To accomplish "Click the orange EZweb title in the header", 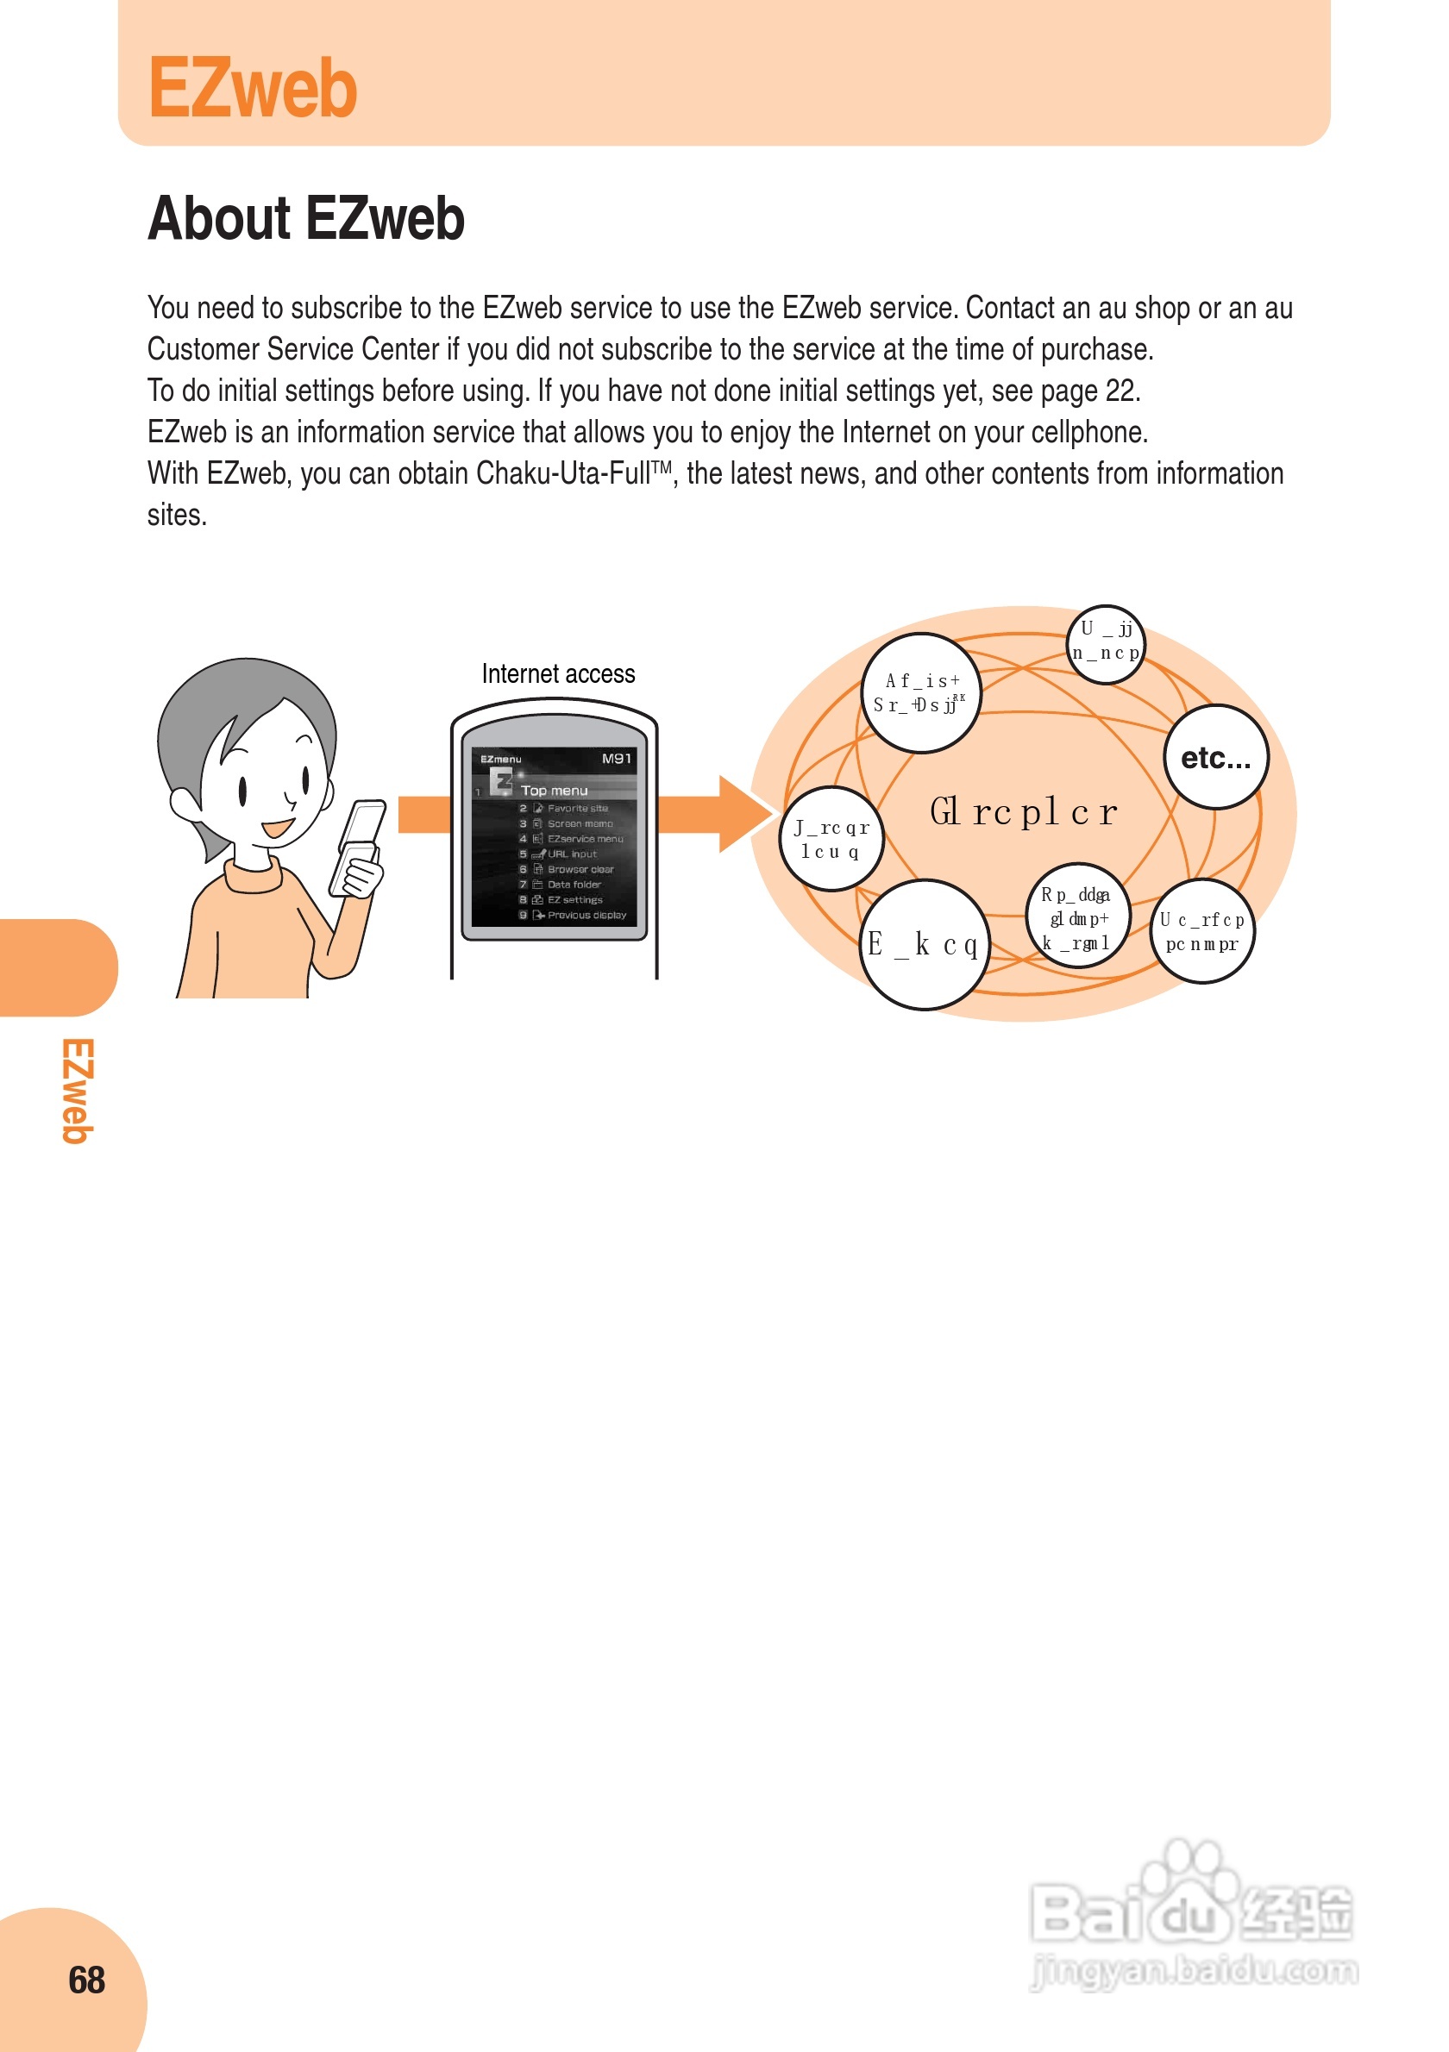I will pyautogui.click(x=253, y=88).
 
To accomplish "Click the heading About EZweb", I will pyautogui.click(x=305, y=219).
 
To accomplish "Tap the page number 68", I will pyautogui.click(x=87, y=1980).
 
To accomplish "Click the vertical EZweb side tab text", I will pyautogui.click(x=78, y=1091).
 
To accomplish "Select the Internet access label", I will pyautogui.click(x=558, y=674).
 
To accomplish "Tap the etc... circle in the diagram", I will pyautogui.click(x=1216, y=758).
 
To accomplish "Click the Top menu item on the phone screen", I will pyautogui.click(x=555, y=791).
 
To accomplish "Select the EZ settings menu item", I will pyautogui.click(x=574, y=900).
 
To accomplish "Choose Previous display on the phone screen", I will pyautogui.click(x=586, y=915).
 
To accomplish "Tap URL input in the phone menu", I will pyautogui.click(x=572, y=854).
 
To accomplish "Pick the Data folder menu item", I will pyautogui.click(x=574, y=885).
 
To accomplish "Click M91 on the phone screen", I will pyautogui.click(x=616, y=759).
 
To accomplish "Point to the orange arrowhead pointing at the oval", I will pyautogui.click(x=744, y=814).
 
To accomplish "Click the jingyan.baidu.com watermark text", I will pyautogui.click(x=1195, y=1970).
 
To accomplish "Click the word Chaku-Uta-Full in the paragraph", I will pyautogui.click(x=563, y=473).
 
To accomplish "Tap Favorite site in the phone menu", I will pyautogui.click(x=578, y=809).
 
